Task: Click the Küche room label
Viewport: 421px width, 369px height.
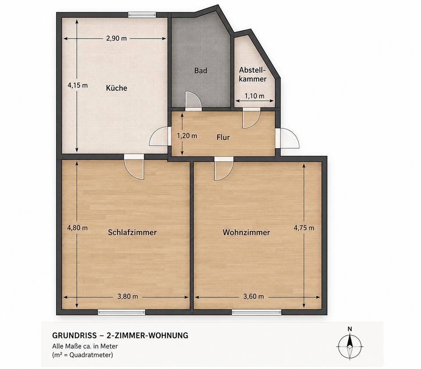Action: [x=117, y=88]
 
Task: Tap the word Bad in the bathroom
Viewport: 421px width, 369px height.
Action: [x=200, y=71]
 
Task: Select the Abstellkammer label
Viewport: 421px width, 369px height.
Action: [x=253, y=75]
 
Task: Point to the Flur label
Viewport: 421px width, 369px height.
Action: [x=223, y=137]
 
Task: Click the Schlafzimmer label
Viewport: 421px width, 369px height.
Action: [x=132, y=232]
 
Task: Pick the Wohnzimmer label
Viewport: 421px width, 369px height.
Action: [x=246, y=232]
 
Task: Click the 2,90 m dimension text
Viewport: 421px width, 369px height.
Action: [x=116, y=39]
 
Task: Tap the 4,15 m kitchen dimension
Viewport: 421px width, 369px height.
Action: [x=78, y=85]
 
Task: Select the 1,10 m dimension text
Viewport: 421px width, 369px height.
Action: [x=254, y=96]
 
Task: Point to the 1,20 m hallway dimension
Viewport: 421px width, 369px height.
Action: [x=187, y=136]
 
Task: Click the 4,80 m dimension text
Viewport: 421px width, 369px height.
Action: [x=77, y=227]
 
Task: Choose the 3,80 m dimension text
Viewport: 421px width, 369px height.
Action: [x=128, y=297]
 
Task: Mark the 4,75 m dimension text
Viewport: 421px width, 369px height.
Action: [x=304, y=228]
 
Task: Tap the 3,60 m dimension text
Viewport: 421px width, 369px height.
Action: [x=253, y=297]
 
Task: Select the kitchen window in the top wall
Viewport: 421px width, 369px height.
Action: [x=142, y=15]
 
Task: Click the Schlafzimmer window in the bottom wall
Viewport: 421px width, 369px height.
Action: [x=121, y=312]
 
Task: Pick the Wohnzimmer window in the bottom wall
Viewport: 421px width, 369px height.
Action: [x=257, y=312]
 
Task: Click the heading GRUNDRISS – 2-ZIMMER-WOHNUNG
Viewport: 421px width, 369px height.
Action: [x=120, y=335]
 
